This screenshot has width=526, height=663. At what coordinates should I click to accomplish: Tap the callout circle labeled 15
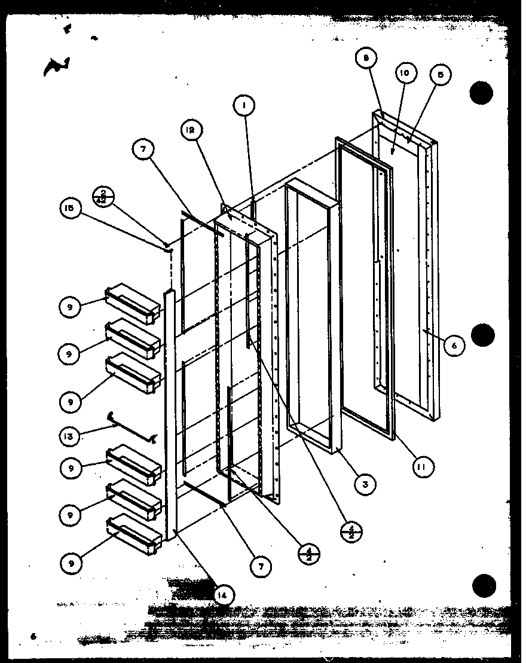[x=69, y=208]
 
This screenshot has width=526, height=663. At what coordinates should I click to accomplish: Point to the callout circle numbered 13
[x=70, y=436]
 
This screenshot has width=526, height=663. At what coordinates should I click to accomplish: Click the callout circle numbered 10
[x=405, y=74]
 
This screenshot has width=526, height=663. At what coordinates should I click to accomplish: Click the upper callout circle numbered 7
[x=143, y=151]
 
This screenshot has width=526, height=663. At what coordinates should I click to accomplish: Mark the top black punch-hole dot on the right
[x=482, y=93]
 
